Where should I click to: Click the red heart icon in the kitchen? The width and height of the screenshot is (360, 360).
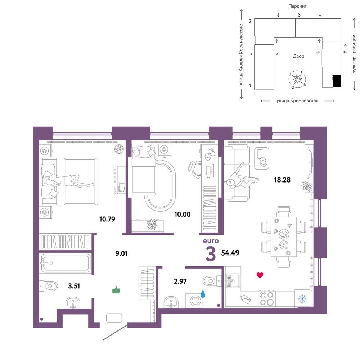tap(260, 275)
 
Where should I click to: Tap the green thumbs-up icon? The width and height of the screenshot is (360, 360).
tap(116, 290)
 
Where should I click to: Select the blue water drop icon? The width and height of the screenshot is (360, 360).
tap(203, 294)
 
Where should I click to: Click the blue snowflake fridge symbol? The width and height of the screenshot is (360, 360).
tap(302, 298)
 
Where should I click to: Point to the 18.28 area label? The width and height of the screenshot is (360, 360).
tap(282, 180)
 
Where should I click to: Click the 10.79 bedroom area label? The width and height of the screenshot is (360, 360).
tap(107, 219)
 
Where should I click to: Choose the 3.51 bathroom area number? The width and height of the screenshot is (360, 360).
tap(74, 286)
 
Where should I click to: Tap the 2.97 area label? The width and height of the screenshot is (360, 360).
tap(180, 281)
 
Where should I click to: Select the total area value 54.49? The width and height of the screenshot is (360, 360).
tap(230, 253)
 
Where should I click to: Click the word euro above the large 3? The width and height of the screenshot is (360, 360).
tap(211, 241)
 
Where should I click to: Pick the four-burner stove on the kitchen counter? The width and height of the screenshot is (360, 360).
tap(266, 298)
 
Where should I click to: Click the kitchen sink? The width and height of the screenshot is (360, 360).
tap(233, 280)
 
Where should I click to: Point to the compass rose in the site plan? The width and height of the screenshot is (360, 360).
tap(297, 80)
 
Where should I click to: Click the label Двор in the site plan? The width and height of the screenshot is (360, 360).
tap(298, 56)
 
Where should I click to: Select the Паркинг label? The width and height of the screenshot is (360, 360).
tap(297, 6)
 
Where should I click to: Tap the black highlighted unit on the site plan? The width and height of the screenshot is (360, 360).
tap(337, 81)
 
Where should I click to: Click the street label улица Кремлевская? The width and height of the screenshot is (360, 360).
tap(297, 100)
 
